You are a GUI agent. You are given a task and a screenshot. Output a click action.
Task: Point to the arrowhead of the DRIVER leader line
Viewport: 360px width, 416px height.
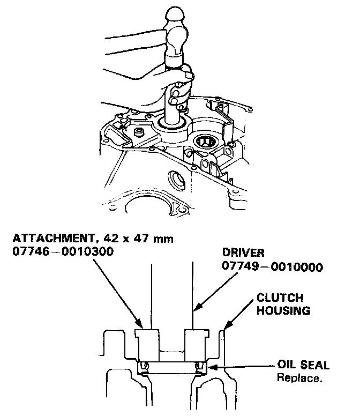pyautogui.click(x=194, y=310)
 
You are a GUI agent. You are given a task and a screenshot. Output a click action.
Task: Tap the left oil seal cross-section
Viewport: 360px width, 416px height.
pyautogui.click(x=143, y=367)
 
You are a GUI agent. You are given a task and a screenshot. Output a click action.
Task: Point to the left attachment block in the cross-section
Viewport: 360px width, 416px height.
pyautogui.click(x=146, y=343)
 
